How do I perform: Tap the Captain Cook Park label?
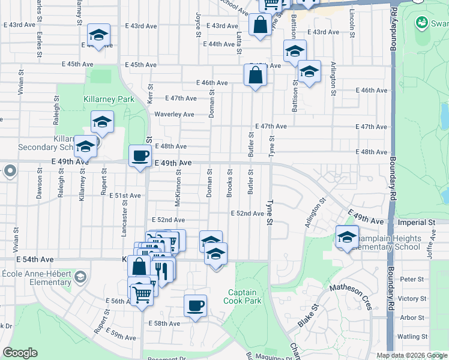coord(243,296)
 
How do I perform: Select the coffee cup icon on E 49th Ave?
coord(140,157)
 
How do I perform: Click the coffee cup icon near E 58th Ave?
coord(195,306)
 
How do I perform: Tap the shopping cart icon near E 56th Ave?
coord(142,294)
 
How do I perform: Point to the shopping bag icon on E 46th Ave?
coord(255,76)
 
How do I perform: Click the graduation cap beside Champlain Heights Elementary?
coord(347,238)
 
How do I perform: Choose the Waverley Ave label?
coord(174,114)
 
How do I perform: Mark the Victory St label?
coord(412,298)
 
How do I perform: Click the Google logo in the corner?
coord(20,353)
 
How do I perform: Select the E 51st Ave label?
coord(125,196)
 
